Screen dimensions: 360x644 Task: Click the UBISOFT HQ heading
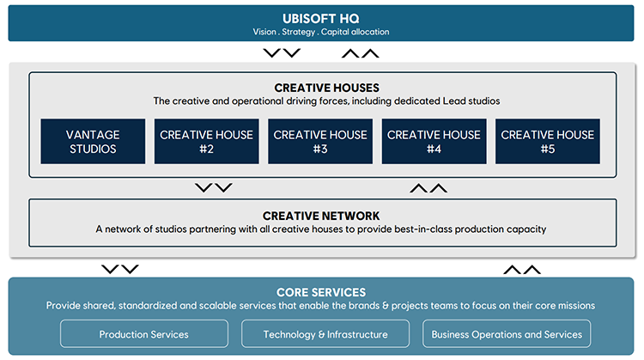point(322,17)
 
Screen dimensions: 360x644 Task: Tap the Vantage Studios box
point(93,142)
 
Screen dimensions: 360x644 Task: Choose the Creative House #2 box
point(206,142)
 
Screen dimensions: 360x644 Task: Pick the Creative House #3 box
point(320,142)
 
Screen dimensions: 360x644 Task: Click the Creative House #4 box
point(434,142)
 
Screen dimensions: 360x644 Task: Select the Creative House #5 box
point(547,142)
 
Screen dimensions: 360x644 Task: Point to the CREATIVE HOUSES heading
point(326,88)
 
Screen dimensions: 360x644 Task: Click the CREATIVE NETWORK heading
point(322,216)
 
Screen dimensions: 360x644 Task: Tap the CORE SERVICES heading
point(321,292)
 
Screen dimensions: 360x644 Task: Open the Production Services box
point(144,334)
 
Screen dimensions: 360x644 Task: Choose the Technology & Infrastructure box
point(325,334)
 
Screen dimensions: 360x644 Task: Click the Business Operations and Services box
point(507,334)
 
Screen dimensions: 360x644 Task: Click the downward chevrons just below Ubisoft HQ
point(282,53)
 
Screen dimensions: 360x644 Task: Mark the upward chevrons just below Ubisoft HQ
point(360,53)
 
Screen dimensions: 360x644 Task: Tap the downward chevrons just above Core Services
point(119,269)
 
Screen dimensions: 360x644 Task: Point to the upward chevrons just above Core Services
point(521,269)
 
